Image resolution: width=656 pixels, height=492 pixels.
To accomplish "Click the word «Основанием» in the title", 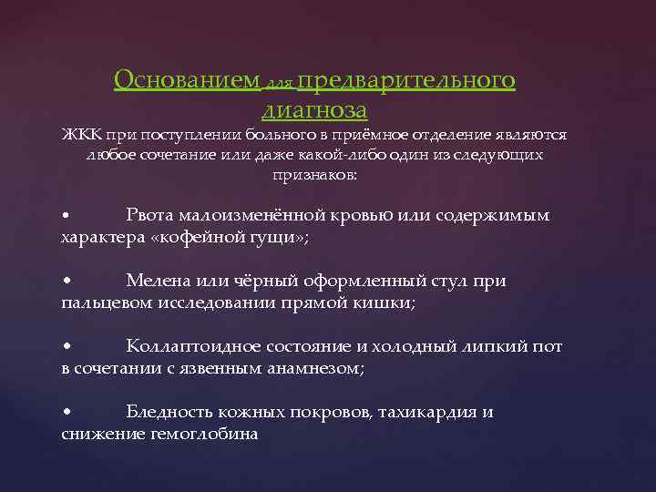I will [185, 81].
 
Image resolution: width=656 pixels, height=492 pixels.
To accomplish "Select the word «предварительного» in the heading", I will [406, 81].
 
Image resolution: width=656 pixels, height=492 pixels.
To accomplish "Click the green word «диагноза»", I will [314, 110].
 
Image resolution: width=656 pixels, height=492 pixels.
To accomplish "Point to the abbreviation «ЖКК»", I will [81, 135].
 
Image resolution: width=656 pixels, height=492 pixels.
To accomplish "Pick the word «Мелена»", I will [157, 282].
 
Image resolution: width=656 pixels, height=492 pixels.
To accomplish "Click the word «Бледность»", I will [170, 413].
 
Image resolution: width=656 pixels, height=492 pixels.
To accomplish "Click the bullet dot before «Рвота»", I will [66, 217].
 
